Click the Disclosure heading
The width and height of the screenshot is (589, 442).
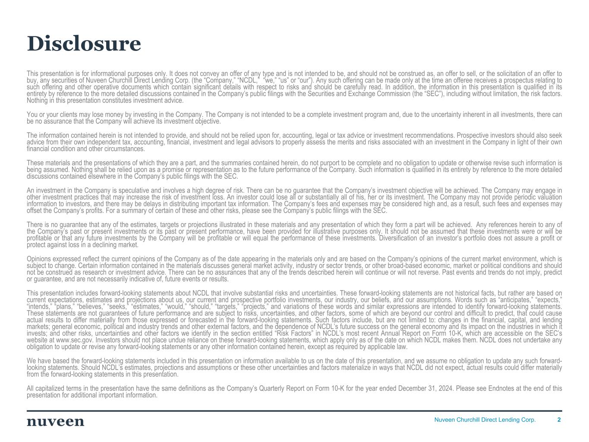coord(84,44)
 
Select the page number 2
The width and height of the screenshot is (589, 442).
coord(559,420)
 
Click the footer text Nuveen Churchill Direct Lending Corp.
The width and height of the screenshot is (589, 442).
coord(485,420)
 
